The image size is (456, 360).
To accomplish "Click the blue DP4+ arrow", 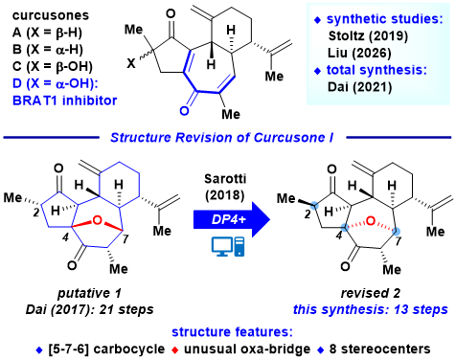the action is point(232,219).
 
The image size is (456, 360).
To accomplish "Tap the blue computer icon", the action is point(228,247).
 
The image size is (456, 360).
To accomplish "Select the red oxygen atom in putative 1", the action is point(97,220).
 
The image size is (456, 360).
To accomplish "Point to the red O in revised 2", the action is point(370,221).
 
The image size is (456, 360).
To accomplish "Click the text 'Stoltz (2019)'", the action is point(368,35).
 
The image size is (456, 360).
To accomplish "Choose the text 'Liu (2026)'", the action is point(359,53).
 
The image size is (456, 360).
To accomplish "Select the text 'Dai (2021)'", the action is point(359,87).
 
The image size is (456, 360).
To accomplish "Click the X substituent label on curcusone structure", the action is point(131,63).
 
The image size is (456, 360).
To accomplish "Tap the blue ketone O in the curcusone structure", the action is point(184,110).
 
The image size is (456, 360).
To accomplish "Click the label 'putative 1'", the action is point(89,293).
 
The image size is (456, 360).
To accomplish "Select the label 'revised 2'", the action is point(371,293).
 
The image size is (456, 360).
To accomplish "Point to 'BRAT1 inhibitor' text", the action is point(64,101).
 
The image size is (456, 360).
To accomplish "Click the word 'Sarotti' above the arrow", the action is point(225,179).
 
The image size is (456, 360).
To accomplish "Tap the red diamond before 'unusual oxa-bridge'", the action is point(174,350).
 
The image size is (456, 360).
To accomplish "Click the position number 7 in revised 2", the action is point(398,241).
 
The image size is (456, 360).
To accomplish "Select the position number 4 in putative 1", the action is point(65,237).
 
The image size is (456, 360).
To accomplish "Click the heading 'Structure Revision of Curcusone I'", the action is point(222,138).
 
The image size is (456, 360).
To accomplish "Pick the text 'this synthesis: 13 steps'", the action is point(371,309).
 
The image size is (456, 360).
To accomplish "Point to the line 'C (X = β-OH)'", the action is point(53,66).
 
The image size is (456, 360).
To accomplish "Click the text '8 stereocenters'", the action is point(379,349).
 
